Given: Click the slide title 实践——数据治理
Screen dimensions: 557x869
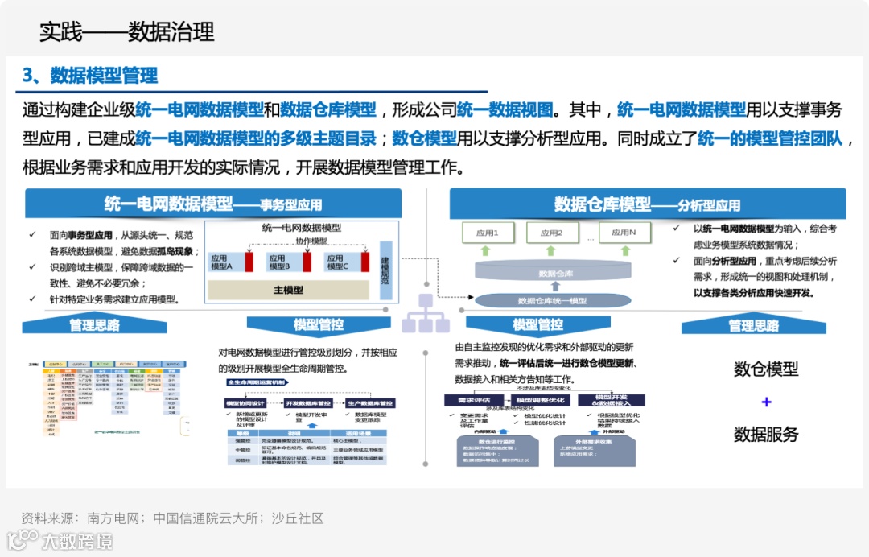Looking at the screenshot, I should pos(127,31).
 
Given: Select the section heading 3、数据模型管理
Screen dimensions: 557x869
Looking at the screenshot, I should pos(90,76).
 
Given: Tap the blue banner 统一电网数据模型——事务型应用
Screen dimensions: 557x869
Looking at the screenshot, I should pos(212,204).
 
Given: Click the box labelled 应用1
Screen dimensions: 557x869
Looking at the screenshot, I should pos(487,233).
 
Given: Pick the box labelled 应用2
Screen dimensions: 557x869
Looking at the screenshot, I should pos(552,233).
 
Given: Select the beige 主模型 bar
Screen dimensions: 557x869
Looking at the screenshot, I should pos(288,290).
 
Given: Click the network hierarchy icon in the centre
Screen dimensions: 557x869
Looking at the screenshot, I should pos(425,313).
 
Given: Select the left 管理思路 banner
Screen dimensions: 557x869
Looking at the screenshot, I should pos(94,325).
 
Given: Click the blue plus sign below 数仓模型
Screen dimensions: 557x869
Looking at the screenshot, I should pos(766,402).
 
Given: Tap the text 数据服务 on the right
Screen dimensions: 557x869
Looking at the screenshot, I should pos(765,435).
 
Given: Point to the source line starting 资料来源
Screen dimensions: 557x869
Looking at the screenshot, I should pos(172,518).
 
